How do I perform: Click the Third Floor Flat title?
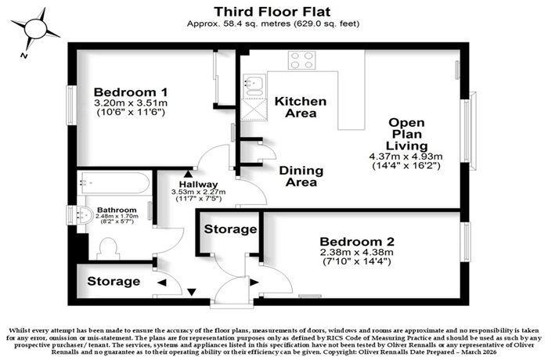[272, 12]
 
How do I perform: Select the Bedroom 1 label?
[131, 92]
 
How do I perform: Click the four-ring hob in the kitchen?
[302, 60]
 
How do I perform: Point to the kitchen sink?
[254, 85]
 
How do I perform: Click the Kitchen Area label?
[301, 107]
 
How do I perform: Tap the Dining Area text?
[301, 176]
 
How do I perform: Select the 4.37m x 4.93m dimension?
[406, 157]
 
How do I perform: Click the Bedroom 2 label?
[357, 242]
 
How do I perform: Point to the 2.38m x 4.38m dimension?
[357, 252]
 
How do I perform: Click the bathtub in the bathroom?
[114, 183]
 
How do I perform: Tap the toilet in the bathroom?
[108, 249]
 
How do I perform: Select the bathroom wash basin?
[81, 215]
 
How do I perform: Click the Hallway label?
[198, 185]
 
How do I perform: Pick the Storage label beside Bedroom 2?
[231, 229]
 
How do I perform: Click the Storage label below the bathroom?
[114, 282]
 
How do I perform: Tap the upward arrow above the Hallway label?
[188, 174]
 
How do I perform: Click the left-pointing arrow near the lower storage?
[162, 283]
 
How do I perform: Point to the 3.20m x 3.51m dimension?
[131, 103]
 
